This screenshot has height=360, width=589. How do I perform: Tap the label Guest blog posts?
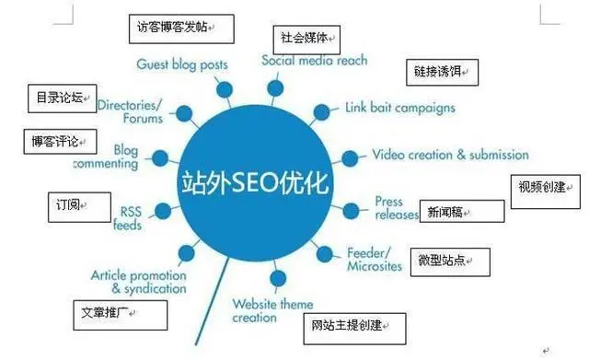(x=182, y=65)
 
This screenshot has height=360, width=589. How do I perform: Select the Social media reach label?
(x=314, y=61)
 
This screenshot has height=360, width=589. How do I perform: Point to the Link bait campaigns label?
(x=399, y=108)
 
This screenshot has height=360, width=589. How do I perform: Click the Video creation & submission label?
(x=450, y=155)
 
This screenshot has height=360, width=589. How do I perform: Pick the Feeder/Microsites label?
(x=375, y=260)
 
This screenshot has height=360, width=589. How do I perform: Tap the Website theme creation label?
(x=271, y=310)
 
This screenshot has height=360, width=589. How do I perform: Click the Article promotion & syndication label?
(x=139, y=282)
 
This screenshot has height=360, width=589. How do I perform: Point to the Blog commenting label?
(x=112, y=157)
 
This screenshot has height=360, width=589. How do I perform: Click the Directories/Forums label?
(x=130, y=111)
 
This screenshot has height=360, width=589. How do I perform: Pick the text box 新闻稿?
(x=461, y=212)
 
